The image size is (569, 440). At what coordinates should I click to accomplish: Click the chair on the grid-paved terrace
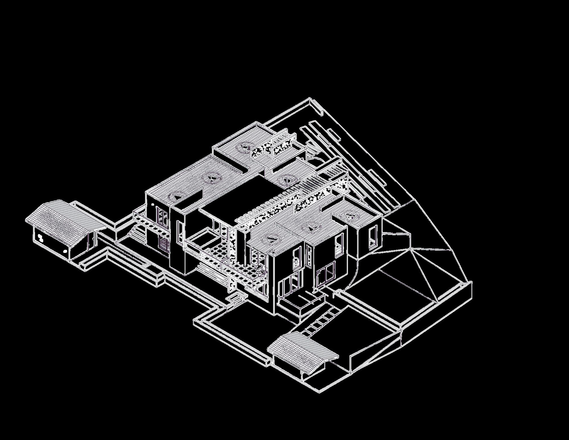click(261, 270)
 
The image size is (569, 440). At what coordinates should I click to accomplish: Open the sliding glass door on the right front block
click(326, 275)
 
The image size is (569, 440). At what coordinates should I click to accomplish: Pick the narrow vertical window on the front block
click(309, 255)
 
